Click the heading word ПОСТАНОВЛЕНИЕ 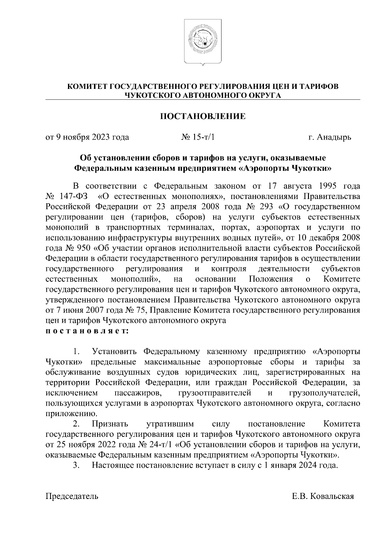click(203, 117)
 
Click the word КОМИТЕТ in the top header click(87, 86)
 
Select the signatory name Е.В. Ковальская click(323, 496)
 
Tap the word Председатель click(72, 496)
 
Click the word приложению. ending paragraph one click(67, 414)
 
